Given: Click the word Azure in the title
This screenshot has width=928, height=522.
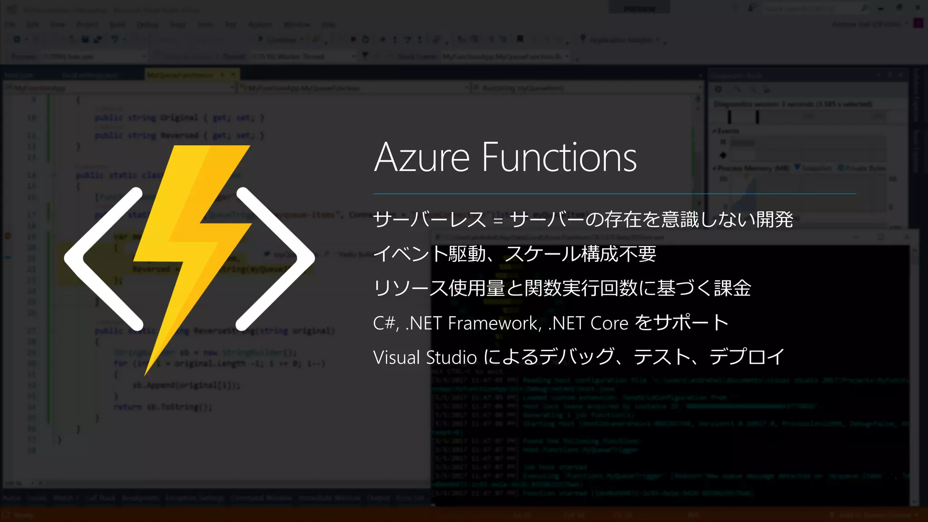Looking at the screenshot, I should [422, 158].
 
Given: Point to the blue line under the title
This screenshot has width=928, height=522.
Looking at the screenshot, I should [614, 193].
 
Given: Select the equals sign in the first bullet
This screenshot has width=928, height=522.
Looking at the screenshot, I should [498, 221].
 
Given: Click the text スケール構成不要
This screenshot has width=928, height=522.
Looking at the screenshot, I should [580, 254].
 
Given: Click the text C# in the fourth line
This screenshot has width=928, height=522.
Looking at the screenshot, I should [384, 323].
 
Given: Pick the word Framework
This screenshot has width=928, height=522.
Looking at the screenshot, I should [494, 323].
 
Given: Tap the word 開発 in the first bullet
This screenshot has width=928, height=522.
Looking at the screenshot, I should [774, 220].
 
